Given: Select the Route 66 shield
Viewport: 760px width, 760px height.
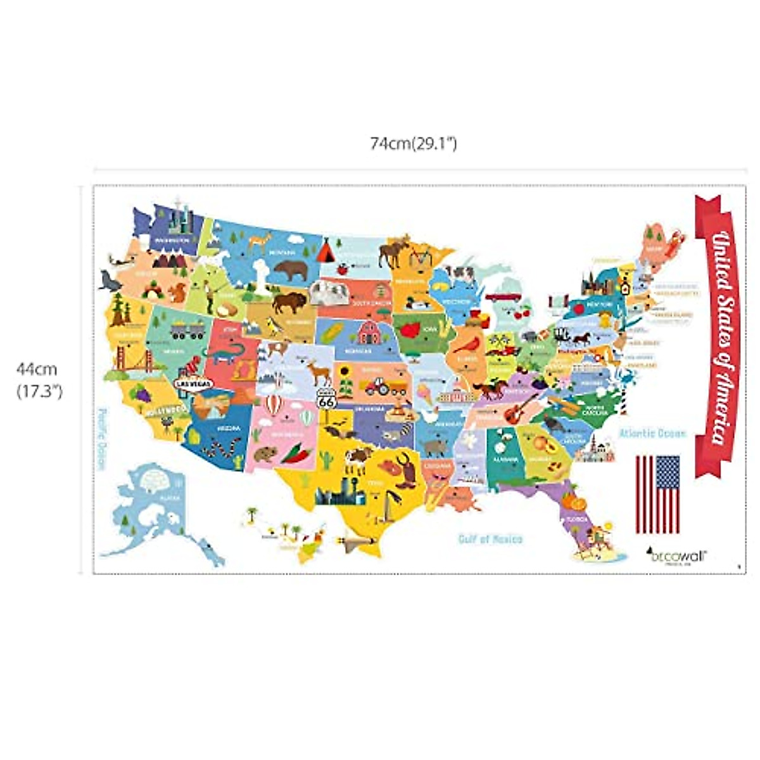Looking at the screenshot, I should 326,398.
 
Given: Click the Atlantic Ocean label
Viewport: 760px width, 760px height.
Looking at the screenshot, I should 652,434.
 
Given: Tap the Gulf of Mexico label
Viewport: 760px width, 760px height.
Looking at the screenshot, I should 491,539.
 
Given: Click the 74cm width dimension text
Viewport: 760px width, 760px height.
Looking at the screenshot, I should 414,144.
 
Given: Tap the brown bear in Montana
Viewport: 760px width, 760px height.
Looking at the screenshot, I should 291,270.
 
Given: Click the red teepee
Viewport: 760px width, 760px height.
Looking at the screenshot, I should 326,251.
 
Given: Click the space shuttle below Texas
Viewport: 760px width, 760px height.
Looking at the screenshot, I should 351,541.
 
